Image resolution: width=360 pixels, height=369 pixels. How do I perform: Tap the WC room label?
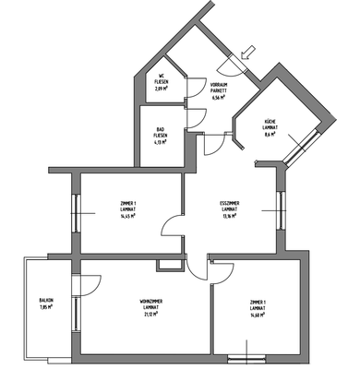pyautogui.click(x=159, y=80)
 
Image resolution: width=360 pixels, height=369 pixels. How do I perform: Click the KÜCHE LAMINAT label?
pyautogui.click(x=270, y=124)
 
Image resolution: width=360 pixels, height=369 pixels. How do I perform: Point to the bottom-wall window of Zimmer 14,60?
pyautogui.click(x=248, y=357)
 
